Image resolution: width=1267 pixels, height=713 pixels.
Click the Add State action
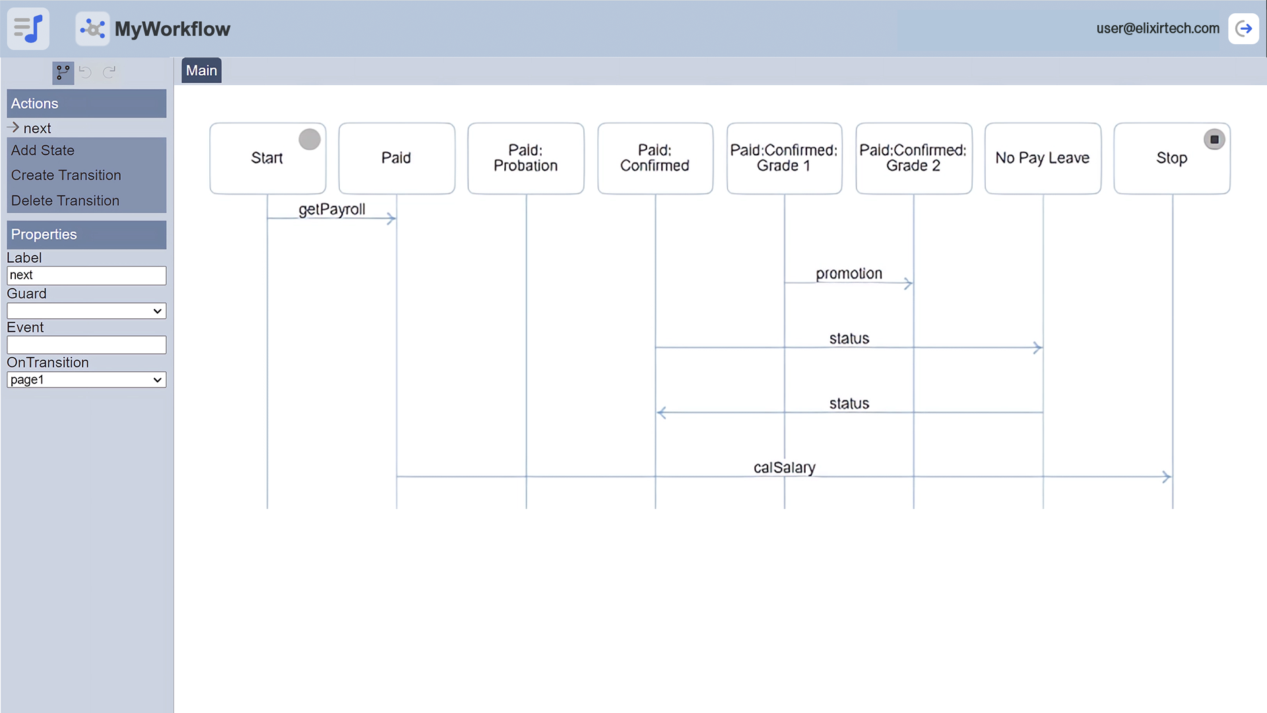tap(43, 151)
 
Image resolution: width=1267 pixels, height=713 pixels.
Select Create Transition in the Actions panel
tap(66, 176)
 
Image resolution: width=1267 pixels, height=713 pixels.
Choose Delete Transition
tap(65, 201)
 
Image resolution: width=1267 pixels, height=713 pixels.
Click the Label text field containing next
tap(86, 275)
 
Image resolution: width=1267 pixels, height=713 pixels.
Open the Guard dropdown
tap(86, 311)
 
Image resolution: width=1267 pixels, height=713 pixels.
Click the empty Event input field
tap(86, 345)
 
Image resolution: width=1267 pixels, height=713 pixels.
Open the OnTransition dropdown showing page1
tap(86, 380)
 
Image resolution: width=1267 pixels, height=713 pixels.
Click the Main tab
tap(201, 71)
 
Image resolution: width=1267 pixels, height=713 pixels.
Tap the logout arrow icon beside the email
tap(1244, 28)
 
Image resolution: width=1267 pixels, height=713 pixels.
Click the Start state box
tap(267, 158)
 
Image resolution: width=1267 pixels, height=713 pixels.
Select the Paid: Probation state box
tap(526, 158)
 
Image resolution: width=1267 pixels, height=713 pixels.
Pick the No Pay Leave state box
tap(1043, 158)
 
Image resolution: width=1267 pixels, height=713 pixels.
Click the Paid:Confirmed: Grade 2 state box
tap(913, 158)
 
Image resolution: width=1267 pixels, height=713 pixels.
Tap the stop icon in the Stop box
tap(1214, 139)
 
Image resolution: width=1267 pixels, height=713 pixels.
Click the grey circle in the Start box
tap(309, 139)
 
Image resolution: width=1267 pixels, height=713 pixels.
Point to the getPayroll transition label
tap(332, 209)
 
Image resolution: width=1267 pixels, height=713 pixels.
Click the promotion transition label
tap(849, 274)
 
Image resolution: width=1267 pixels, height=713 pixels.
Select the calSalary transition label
tap(785, 467)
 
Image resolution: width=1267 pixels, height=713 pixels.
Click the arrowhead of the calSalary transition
tap(1166, 477)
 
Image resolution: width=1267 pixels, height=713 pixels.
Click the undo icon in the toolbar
tap(85, 72)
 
